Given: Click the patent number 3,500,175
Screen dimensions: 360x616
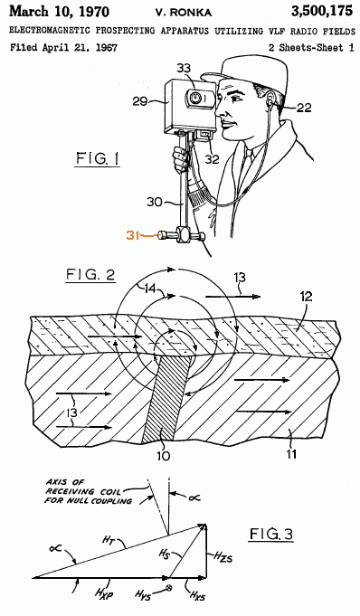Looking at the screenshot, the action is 321,11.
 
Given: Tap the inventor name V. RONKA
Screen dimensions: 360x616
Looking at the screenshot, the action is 184,13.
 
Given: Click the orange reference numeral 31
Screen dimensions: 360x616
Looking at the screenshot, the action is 133,236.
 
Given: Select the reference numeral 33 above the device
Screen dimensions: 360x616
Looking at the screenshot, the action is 184,69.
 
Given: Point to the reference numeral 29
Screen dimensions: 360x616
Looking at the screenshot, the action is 141,101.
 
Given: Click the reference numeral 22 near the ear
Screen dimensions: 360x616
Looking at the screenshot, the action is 303,108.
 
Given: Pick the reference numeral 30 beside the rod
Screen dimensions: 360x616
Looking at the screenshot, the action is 155,202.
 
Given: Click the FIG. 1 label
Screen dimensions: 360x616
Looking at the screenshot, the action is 98,159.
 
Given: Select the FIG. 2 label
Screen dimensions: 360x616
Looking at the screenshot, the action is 90,275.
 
